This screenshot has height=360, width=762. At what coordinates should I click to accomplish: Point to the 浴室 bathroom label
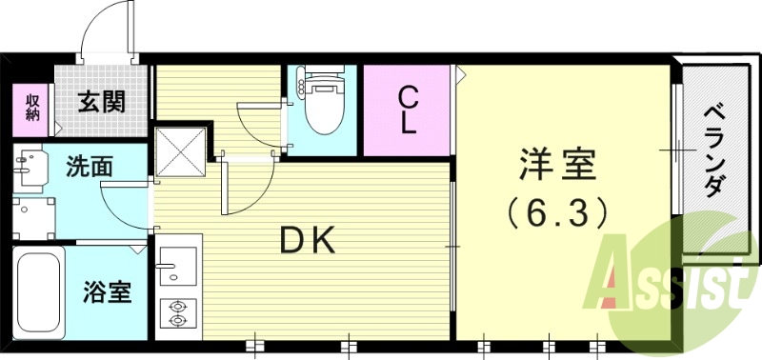click(107, 291)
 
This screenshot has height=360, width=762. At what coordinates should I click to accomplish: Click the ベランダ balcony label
click(712, 152)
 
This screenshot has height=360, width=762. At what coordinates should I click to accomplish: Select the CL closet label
click(408, 110)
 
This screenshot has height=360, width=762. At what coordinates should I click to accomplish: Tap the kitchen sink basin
click(177, 263)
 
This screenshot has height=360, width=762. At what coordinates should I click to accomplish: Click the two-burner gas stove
click(177, 311)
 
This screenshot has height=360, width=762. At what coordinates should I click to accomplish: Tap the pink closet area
click(407, 110)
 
